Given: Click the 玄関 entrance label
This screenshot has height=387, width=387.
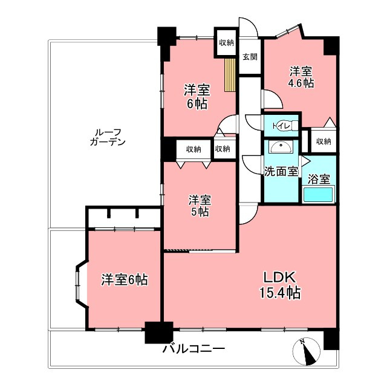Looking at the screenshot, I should coord(250,57).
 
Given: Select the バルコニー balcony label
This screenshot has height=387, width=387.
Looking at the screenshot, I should coord(193,349).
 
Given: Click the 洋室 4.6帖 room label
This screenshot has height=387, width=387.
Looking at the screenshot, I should coord(301,77).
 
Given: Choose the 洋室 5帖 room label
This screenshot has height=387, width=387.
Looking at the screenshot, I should coord(199,206).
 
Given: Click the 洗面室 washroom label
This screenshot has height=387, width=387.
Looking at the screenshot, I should coord(281,171).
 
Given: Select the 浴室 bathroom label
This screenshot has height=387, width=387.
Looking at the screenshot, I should coord(318,180).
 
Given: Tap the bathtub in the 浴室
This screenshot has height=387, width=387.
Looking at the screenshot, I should coord(318,195).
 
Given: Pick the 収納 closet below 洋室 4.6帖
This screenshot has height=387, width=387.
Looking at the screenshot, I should coord(324,141).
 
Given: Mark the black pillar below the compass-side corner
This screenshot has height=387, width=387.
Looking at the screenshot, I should coord(331,340).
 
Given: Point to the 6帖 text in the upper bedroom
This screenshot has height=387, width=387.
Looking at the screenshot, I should coord(197,104).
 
